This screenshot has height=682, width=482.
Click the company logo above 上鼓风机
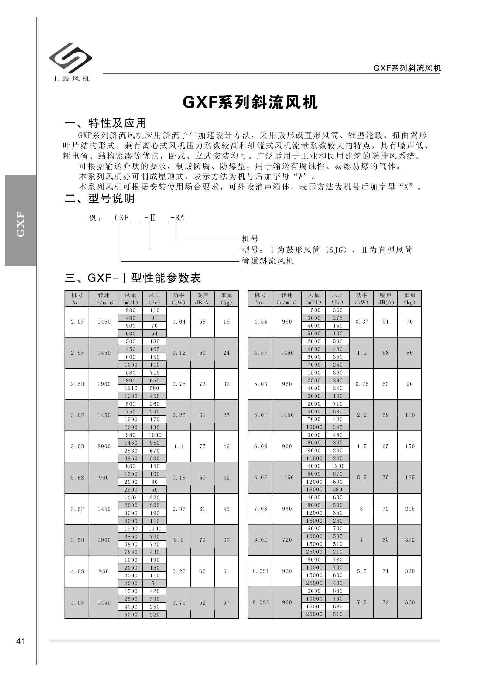click(x=70, y=57)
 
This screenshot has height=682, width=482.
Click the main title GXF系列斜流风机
click(x=250, y=102)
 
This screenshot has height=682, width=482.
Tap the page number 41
click(x=21, y=641)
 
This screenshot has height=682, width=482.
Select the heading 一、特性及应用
click(x=106, y=123)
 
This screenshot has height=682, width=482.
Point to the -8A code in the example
click(x=177, y=218)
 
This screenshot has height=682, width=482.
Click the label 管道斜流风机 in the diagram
click(x=268, y=261)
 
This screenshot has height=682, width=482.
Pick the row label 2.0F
click(x=77, y=322)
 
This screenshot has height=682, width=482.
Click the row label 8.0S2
click(x=261, y=602)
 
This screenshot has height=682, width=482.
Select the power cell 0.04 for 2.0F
click(x=179, y=322)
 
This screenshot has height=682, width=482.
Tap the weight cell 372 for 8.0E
click(x=409, y=540)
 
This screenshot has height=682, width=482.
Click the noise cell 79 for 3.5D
click(x=202, y=540)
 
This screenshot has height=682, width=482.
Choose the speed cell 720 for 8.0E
click(x=287, y=540)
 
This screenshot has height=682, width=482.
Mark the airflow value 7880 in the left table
click(x=131, y=552)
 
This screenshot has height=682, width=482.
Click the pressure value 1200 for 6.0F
click(x=337, y=466)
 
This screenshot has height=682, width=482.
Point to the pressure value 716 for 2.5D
click(x=155, y=372)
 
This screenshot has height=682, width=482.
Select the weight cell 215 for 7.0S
click(x=409, y=509)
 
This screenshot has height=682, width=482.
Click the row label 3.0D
click(x=77, y=447)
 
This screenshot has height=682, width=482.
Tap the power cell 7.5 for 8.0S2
click(x=361, y=602)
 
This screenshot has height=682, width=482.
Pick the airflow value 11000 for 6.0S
click(x=314, y=458)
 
